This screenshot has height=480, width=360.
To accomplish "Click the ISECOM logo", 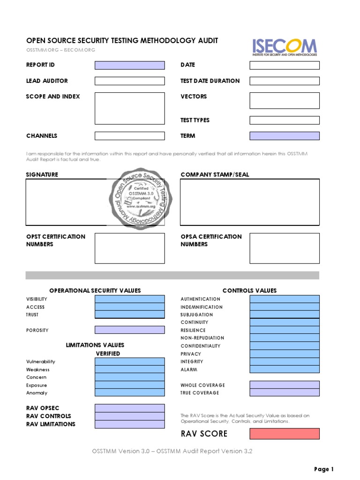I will point(285,47).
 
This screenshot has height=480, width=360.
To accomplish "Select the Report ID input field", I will point(130,65).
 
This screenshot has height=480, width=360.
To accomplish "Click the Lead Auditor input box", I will point(130,81).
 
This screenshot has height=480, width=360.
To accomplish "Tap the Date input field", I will point(285,65).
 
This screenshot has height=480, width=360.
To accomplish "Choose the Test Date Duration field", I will point(285,81).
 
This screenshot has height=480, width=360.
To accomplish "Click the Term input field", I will point(285,136).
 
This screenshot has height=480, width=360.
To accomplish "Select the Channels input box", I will point(130,136).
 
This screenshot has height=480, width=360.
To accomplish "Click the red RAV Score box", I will point(285,434).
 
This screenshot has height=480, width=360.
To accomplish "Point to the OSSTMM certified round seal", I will point(141,198).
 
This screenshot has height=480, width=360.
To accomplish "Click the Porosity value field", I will point(130,330).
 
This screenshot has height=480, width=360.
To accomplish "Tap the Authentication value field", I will point(285,299).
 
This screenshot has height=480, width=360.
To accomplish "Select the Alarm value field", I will point(285,369).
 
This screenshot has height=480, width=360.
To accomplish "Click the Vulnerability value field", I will point(130,361).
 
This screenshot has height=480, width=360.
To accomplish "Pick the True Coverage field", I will point(285,393).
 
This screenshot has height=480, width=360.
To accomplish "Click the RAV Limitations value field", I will point(130,424).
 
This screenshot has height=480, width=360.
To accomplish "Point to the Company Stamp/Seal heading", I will point(215,174).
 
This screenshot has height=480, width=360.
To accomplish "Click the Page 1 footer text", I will point(323,469).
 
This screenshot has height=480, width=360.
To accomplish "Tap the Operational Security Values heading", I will point(95,291).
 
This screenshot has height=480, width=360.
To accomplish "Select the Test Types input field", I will point(285,120).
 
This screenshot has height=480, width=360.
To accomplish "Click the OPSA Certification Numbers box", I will point(285,248).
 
